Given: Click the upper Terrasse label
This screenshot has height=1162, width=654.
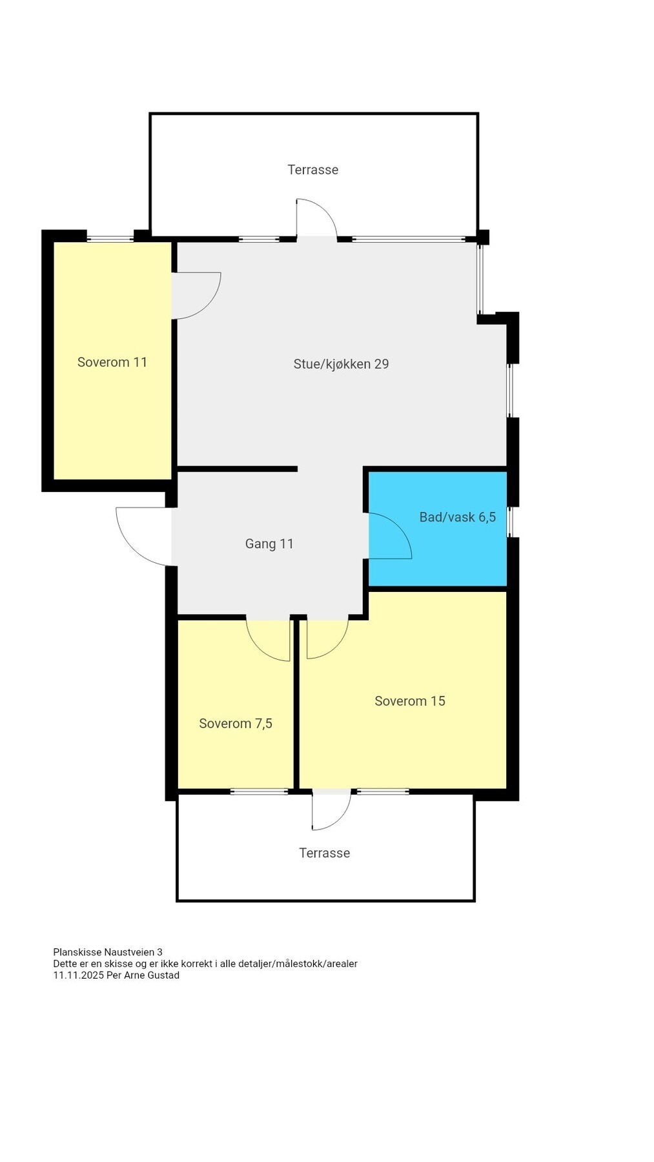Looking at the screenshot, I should [312, 170].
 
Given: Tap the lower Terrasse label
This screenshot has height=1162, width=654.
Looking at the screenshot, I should [324, 853].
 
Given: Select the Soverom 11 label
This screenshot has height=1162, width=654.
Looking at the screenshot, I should [112, 362].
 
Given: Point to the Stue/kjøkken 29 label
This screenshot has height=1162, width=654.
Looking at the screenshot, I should [341, 364].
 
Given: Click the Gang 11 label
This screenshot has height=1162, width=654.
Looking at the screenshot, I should [269, 544].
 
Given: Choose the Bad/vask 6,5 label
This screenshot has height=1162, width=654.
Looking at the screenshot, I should [457, 516].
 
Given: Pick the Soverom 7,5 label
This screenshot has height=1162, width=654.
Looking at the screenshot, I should [236, 723].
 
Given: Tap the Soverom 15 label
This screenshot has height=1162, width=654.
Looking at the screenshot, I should [410, 701].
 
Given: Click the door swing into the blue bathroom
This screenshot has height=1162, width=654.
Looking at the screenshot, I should [387, 536].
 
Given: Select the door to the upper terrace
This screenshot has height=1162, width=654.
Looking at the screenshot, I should [316, 219].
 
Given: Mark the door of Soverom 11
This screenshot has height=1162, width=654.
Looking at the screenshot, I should [195, 295].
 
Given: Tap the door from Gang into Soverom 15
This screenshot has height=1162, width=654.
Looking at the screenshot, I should [327, 638].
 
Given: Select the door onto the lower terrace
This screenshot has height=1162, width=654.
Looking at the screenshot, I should [331, 810].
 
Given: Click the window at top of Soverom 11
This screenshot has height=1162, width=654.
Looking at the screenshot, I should [110, 238].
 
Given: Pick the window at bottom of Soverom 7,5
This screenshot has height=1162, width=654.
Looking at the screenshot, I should [259, 791].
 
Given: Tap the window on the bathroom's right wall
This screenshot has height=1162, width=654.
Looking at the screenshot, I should [509, 522].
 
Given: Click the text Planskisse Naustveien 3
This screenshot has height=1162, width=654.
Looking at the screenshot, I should [108, 952].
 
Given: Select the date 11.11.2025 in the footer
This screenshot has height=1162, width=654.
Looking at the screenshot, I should [79, 975].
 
